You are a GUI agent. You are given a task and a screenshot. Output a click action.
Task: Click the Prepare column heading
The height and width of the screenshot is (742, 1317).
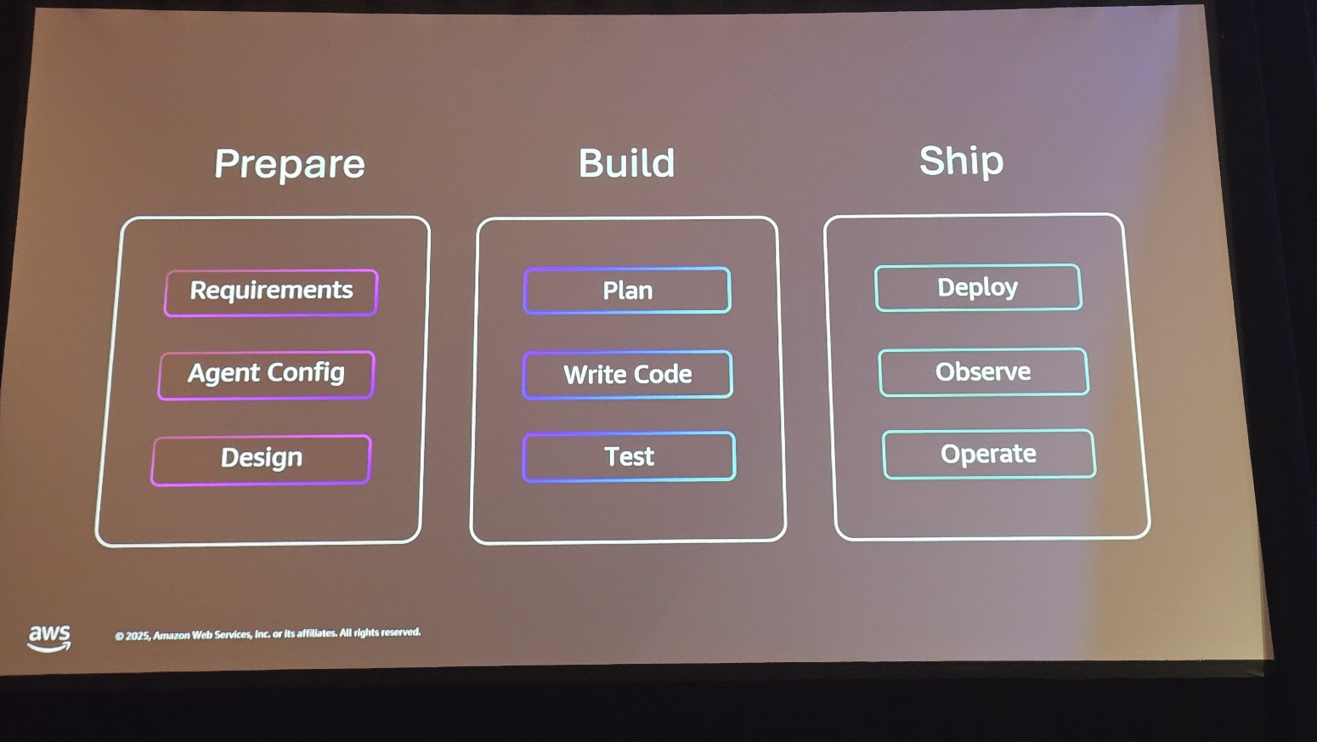coord(289,163)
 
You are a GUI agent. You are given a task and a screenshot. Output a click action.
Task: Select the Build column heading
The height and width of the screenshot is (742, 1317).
coord(626,162)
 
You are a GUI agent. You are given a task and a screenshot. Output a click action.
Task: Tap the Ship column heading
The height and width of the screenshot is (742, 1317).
coord(961,161)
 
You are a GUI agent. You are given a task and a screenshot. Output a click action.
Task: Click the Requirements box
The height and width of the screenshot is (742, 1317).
coord(271,292)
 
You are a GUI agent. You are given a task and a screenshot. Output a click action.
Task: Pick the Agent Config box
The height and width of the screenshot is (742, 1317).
coord(266,374)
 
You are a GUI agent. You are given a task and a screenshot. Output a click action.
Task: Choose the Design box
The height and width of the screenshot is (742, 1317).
coord(261,459)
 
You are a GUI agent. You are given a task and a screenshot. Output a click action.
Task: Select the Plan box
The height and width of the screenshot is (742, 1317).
coord(627,291)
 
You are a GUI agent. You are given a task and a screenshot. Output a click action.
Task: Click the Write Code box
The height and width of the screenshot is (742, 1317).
coord(627,375)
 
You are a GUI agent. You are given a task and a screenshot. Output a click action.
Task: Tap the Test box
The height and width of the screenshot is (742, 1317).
coord(629,457)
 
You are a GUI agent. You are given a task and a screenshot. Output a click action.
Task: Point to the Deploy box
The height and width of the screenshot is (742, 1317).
coord(977,288)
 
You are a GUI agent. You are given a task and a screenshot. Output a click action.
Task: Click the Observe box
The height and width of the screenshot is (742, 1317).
coord(983,372)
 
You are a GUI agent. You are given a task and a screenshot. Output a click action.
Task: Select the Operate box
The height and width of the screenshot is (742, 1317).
coord(988,455)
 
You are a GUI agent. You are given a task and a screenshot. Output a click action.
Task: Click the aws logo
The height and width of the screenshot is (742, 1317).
coord(49,637)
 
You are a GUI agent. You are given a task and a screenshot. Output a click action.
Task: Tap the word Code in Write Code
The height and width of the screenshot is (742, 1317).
coord(664,375)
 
